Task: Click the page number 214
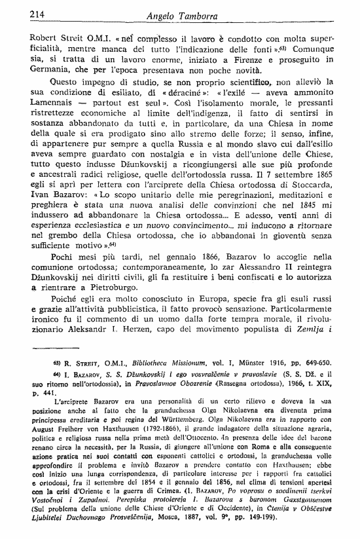(x=19, y=12)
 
